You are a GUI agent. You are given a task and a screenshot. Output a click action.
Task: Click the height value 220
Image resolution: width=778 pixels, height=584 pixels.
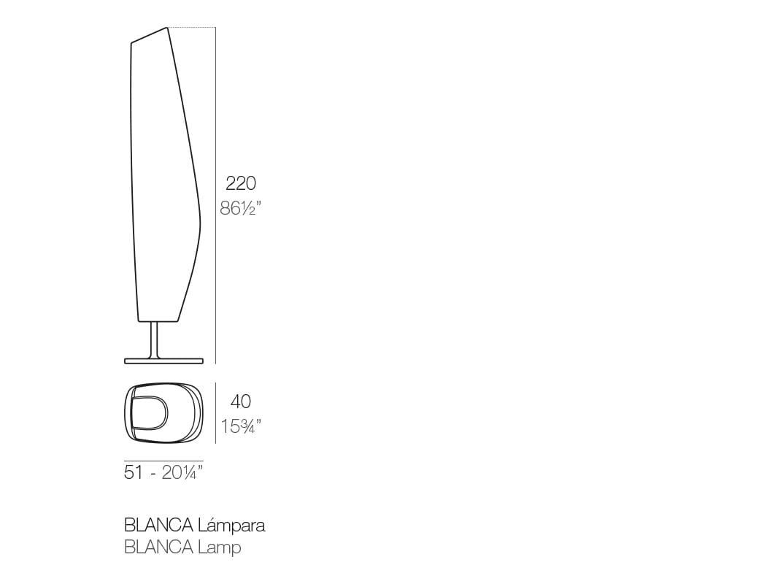click(x=240, y=183)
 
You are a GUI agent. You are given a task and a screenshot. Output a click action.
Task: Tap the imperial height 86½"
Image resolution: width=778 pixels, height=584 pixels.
click(x=240, y=209)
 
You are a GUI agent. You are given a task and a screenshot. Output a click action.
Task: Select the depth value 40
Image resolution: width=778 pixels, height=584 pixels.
click(x=240, y=401)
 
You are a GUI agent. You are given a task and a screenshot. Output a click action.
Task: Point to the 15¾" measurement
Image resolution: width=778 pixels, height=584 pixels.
click(x=241, y=426)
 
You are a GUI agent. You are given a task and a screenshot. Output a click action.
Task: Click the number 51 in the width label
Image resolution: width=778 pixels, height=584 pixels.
click(x=134, y=473)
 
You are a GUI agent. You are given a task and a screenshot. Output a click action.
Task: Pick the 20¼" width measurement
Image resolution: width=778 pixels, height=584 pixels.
click(x=182, y=473)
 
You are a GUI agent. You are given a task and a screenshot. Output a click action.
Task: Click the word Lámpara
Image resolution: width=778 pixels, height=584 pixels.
click(x=231, y=525)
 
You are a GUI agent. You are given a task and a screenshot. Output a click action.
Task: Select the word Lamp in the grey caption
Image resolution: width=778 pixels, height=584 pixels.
click(x=220, y=547)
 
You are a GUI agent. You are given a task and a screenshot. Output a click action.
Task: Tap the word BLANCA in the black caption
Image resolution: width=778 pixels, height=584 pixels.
click(x=158, y=525)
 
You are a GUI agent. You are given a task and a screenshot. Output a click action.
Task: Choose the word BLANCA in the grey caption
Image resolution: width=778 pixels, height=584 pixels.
click(x=158, y=547)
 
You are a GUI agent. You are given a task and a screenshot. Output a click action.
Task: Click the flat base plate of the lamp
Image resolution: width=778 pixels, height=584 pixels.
click(x=163, y=360)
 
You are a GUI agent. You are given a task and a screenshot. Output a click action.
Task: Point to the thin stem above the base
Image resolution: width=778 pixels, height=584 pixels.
click(x=154, y=339)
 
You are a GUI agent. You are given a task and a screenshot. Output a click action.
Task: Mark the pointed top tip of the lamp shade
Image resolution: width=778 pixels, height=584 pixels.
click(x=167, y=28)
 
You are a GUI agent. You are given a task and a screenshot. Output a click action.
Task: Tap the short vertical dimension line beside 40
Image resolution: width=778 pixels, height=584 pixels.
click(x=215, y=412)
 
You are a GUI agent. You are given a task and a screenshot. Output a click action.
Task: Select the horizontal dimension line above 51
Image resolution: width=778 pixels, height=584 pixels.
click(x=163, y=461)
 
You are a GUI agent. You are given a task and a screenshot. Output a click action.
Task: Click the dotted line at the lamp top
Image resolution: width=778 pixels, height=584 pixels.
click(x=191, y=28)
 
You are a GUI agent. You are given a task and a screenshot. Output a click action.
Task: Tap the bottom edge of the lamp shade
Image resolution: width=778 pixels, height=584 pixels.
click(x=157, y=321)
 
